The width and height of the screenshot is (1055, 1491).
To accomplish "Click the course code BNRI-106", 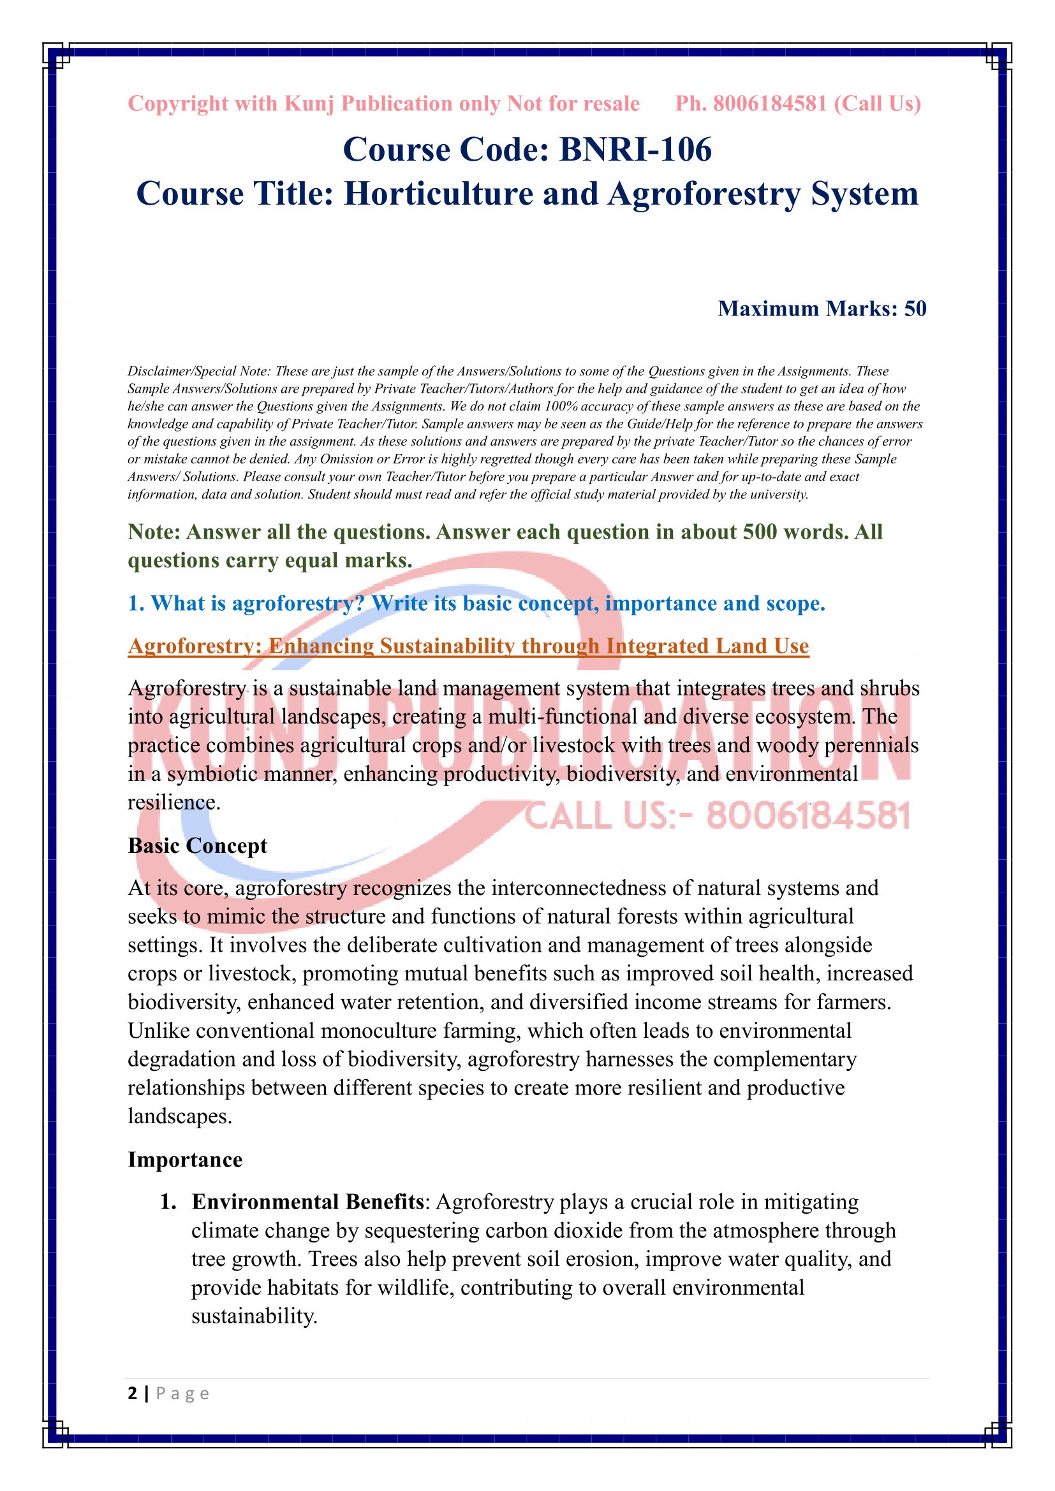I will (635, 150).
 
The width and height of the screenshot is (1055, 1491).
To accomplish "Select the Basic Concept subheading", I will (198, 845).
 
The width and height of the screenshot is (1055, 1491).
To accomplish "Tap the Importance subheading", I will (185, 1159).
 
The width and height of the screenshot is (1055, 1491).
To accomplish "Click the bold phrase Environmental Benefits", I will (308, 1202).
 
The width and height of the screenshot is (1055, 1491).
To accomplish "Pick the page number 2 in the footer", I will (133, 1393).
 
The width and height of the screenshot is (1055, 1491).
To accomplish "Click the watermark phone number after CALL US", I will (808, 817).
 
